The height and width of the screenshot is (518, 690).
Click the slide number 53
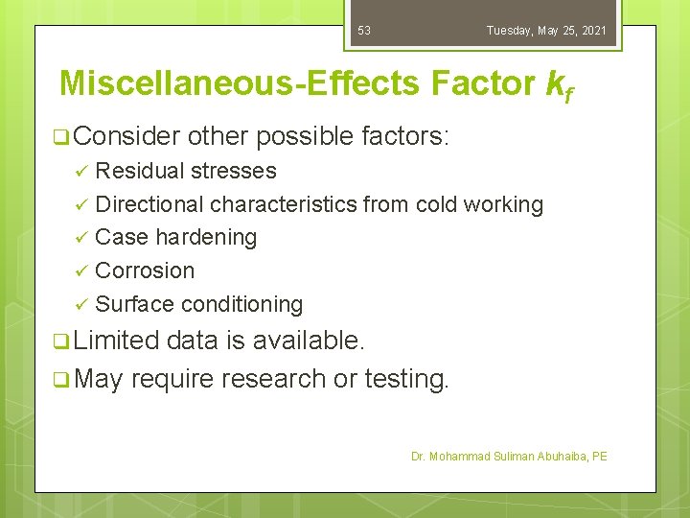click(x=364, y=31)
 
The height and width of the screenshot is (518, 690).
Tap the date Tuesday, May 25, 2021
click(x=545, y=31)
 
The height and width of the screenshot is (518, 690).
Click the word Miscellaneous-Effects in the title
click(x=239, y=83)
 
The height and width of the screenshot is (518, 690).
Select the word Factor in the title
click(x=483, y=83)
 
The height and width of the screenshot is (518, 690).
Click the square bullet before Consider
click(x=60, y=137)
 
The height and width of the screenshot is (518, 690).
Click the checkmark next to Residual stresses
click(x=81, y=172)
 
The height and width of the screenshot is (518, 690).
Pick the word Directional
click(x=149, y=204)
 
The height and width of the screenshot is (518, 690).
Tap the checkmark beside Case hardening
click(x=81, y=238)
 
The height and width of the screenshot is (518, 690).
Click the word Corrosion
click(x=145, y=271)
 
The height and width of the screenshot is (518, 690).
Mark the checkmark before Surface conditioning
click(x=81, y=305)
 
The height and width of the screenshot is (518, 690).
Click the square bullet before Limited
click(x=60, y=340)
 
